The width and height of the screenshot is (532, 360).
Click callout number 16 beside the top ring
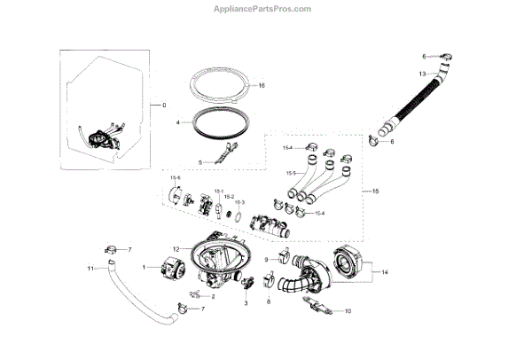(262, 86)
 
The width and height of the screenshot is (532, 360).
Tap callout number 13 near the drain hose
(423, 74)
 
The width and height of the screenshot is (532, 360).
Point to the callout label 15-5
(291, 173)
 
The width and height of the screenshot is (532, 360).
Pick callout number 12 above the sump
(176, 248)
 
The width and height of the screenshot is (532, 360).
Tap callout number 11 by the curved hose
(90, 268)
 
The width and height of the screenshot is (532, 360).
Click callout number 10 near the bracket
(348, 311)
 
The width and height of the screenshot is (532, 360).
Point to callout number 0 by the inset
(163, 106)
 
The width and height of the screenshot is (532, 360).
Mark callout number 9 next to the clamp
(265, 258)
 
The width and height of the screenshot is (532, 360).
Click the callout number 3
(246, 303)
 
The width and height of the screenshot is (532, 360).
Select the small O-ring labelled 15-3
(233, 215)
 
